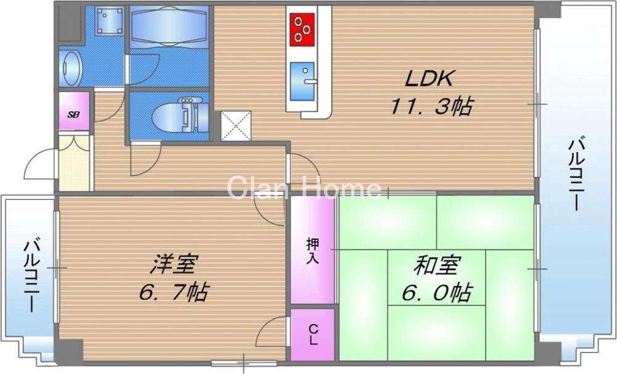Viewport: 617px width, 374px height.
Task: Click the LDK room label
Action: point(429,78)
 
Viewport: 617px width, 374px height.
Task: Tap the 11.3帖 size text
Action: point(431,106)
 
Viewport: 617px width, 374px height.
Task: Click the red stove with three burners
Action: point(303,30)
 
